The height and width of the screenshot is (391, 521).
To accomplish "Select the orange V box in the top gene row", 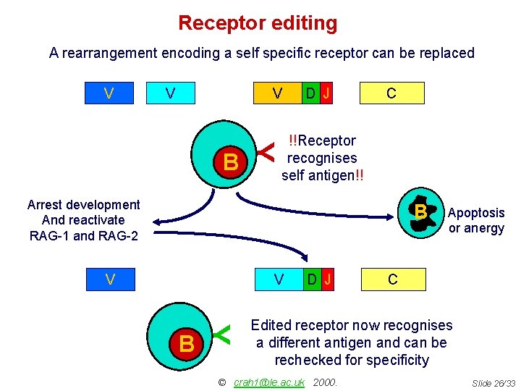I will (x=276, y=93).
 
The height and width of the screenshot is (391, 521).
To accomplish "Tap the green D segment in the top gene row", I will (x=310, y=93).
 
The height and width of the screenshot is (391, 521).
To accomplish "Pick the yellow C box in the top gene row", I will (x=391, y=93).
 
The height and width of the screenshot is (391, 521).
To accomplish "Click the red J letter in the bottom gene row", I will (x=328, y=279).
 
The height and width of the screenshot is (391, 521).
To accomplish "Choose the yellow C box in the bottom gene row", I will (x=392, y=279).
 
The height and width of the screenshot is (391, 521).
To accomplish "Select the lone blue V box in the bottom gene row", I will (x=109, y=279).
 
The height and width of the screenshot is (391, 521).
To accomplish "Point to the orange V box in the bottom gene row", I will (x=278, y=279).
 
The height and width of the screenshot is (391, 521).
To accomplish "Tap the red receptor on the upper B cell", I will (x=268, y=151).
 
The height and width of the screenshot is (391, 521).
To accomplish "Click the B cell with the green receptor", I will (x=186, y=343).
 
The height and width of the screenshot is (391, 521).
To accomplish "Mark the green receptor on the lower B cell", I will (x=224, y=333).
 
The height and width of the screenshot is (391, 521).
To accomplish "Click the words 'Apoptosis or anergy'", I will (x=475, y=220).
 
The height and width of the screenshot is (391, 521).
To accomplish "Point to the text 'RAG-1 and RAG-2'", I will (x=83, y=235).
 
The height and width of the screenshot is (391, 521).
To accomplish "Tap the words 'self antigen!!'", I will (x=322, y=175).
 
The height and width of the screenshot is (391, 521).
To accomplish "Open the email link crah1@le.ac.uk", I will (x=269, y=382).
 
